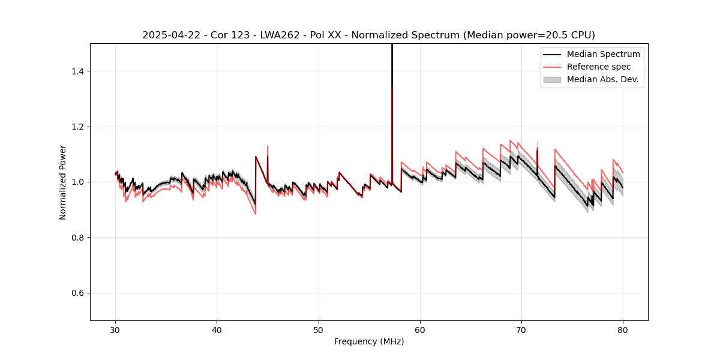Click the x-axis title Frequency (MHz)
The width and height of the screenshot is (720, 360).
(x=369, y=341)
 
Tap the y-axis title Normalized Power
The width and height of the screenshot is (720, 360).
(x=63, y=182)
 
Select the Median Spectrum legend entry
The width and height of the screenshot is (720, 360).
(x=603, y=54)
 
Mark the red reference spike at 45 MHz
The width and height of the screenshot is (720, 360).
(x=268, y=149)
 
